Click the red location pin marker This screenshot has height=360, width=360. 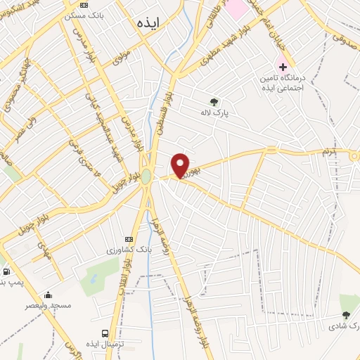181,166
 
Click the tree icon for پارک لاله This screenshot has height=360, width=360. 214,101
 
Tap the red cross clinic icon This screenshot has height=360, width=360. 283,68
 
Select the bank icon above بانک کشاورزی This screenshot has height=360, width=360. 129,239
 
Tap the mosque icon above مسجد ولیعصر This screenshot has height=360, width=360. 48,295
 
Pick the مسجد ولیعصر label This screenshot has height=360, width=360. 47,307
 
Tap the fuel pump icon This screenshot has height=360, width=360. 6,271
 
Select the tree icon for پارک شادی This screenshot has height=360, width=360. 345,316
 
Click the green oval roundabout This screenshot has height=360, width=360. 146,176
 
